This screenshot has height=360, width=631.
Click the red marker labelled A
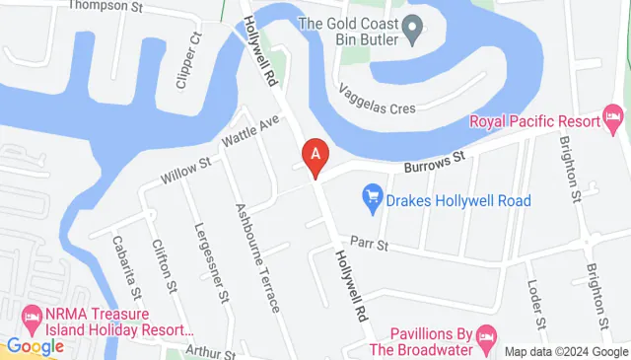point(315,155)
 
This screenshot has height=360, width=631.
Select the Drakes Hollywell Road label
point(459,201)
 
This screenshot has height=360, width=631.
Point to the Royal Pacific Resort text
point(533,121)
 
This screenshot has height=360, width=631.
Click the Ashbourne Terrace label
point(256,257)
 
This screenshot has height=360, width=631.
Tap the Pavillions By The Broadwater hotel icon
point(485,337)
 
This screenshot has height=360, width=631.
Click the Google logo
point(35,346)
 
